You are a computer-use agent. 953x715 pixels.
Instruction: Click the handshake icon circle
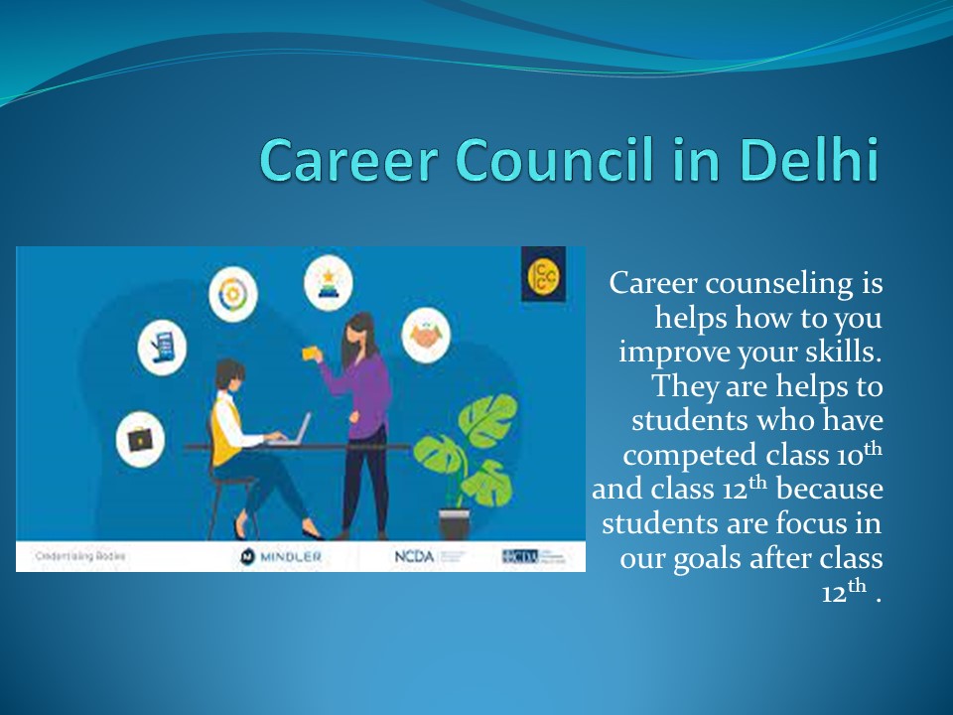tap(427, 336)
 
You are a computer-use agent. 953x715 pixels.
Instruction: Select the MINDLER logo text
tap(282, 557)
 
